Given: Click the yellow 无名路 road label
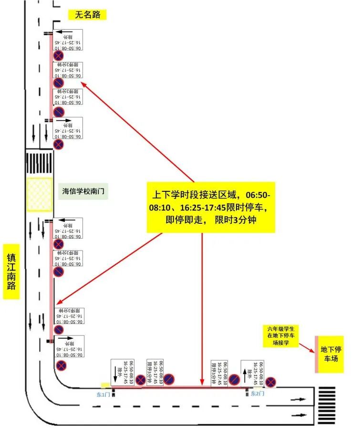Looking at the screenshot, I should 87,15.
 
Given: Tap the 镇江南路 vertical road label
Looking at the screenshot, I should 11,271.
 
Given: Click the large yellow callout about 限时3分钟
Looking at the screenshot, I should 210,207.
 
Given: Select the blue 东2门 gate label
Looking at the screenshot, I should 257,394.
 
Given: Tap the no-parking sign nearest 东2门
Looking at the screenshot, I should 271,381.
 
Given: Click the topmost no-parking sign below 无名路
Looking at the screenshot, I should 59,57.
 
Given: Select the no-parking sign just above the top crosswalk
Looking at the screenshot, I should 58,145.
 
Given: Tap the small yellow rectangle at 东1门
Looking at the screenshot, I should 105,385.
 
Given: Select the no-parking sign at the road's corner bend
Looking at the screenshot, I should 61,366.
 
